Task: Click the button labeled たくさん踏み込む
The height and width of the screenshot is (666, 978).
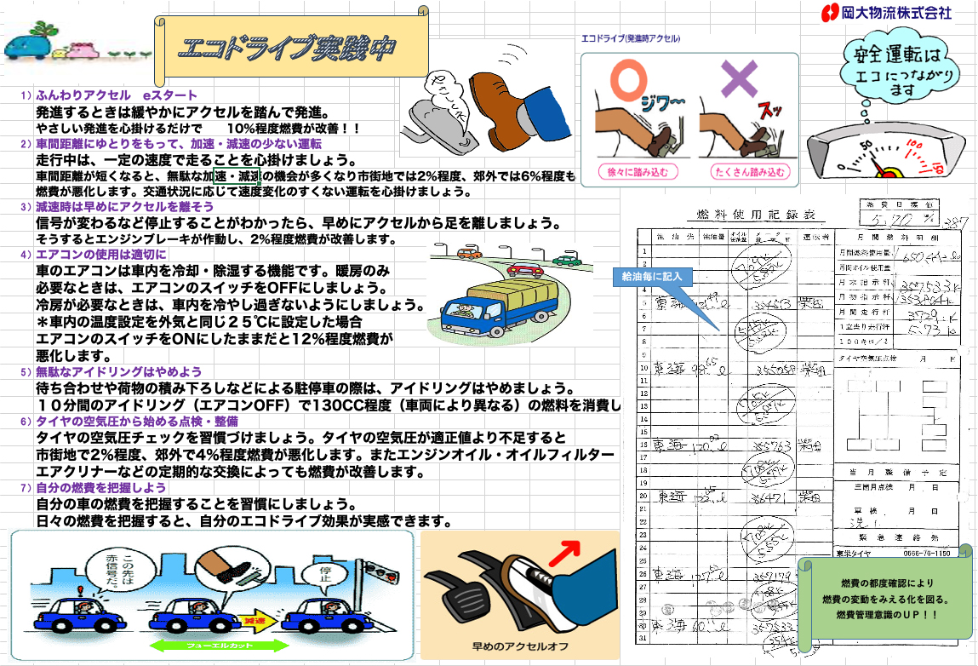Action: point(748,171)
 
